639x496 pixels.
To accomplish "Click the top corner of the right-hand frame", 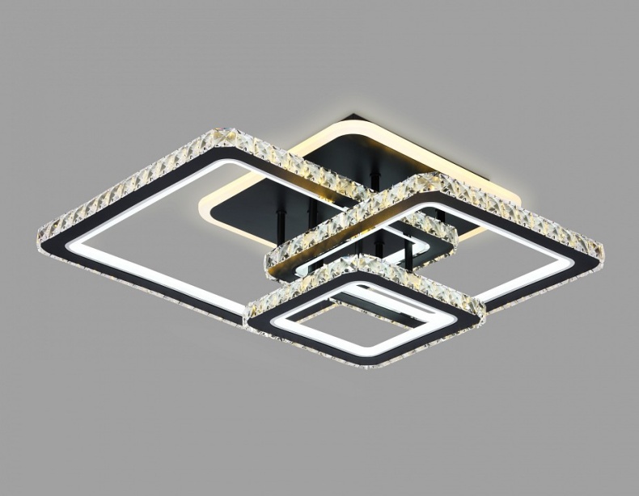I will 421,174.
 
